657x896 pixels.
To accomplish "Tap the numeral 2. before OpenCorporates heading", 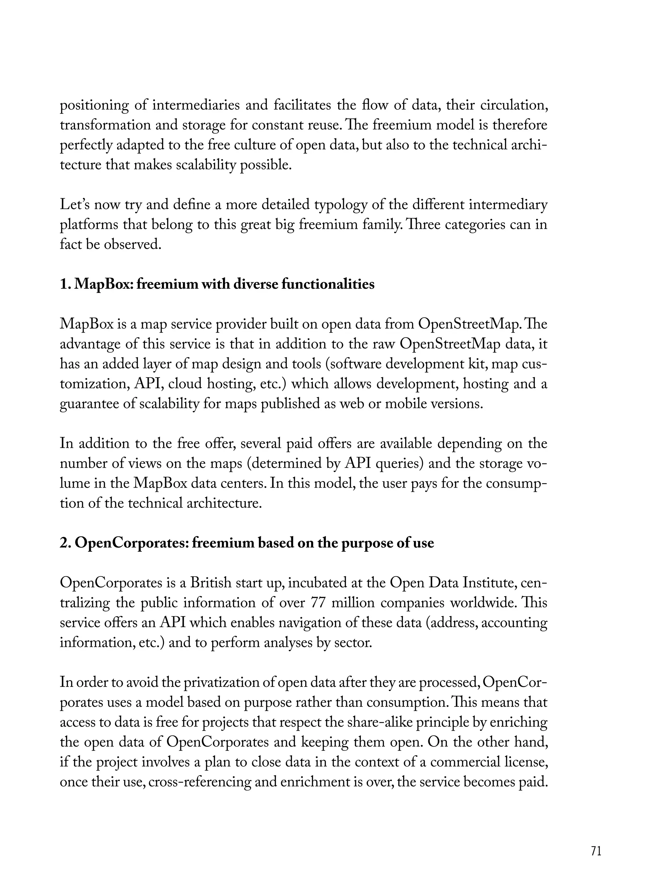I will tap(65, 543).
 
